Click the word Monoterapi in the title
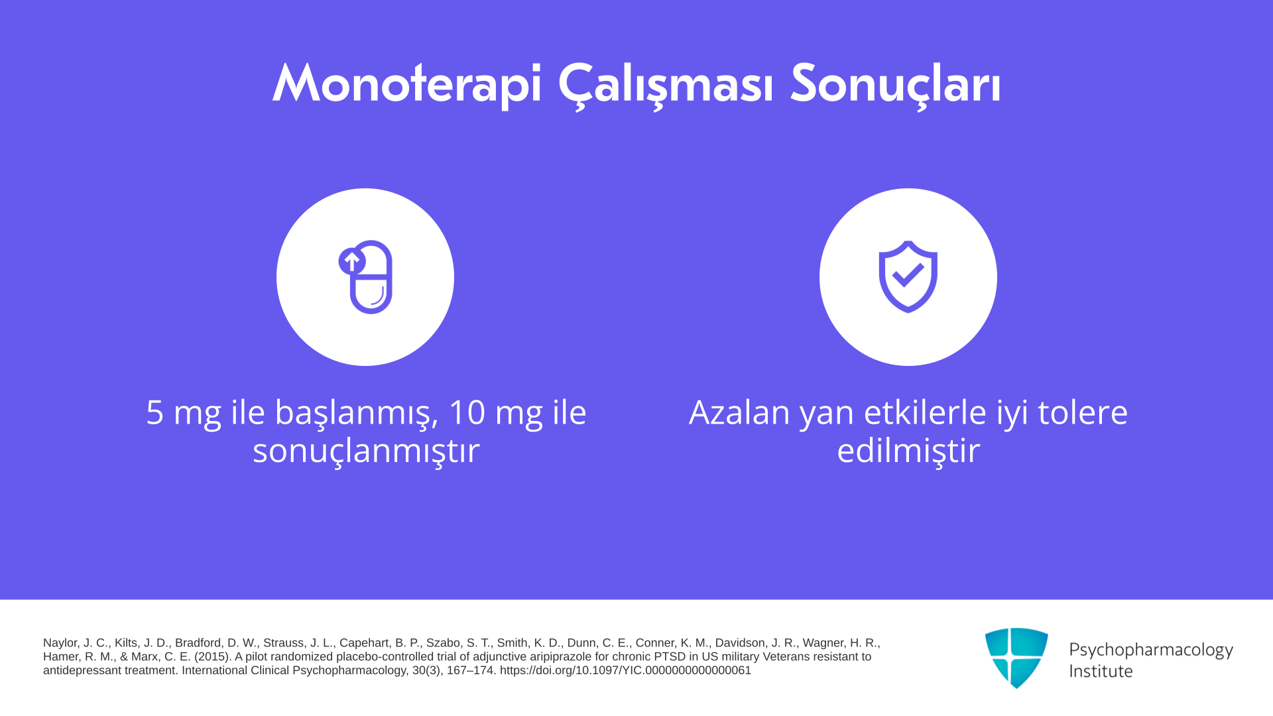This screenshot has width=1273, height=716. [407, 84]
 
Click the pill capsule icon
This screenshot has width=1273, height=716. [365, 277]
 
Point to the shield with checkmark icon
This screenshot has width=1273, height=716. [908, 276]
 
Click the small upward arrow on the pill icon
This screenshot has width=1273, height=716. [351, 261]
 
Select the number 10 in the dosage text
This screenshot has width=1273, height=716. [467, 412]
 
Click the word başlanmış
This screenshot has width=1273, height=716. [357, 414]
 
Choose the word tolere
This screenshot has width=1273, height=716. [1083, 412]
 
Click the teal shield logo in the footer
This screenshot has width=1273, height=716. [1016, 658]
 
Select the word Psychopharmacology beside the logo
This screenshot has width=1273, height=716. [1151, 650]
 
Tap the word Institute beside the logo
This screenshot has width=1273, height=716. [1101, 671]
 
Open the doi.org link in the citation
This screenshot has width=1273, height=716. [625, 670]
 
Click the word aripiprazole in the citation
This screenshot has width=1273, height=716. [560, 657]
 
